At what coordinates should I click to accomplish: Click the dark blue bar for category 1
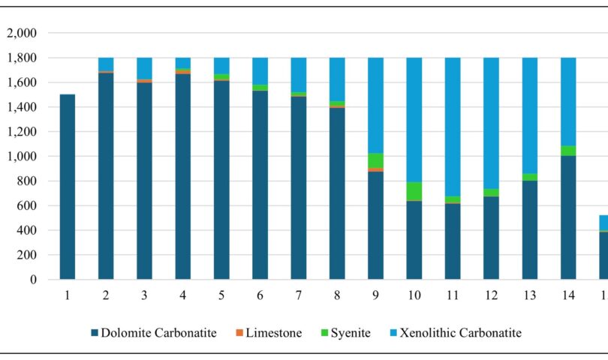[x=67, y=187]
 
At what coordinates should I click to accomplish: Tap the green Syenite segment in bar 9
[x=375, y=160]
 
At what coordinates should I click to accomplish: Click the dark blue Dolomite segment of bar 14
[x=568, y=217]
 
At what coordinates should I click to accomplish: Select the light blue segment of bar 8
[x=337, y=79]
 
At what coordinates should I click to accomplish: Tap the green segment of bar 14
[x=568, y=151]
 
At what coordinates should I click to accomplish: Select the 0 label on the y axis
[x=32, y=280]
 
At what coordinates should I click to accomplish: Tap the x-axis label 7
[x=299, y=295]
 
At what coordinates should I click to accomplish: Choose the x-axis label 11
[x=453, y=295]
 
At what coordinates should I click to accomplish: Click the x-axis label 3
[x=144, y=295]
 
